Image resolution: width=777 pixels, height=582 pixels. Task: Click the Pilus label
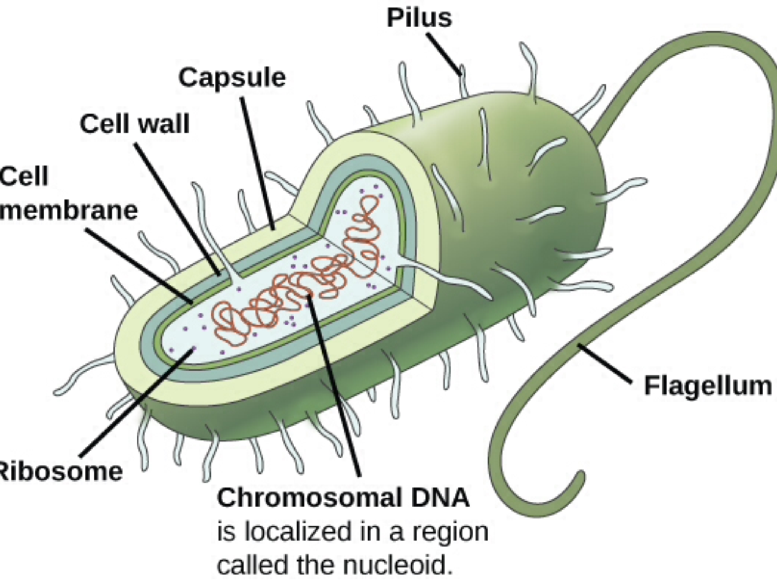(x=419, y=18)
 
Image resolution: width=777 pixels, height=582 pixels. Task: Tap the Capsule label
(x=232, y=78)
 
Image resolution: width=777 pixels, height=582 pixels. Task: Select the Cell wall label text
(x=135, y=124)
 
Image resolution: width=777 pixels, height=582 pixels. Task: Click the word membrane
(x=69, y=211)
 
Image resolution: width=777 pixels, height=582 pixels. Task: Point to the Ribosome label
(x=61, y=472)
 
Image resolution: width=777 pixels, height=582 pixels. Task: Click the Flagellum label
(x=708, y=386)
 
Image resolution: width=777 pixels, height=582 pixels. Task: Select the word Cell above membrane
(x=24, y=177)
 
